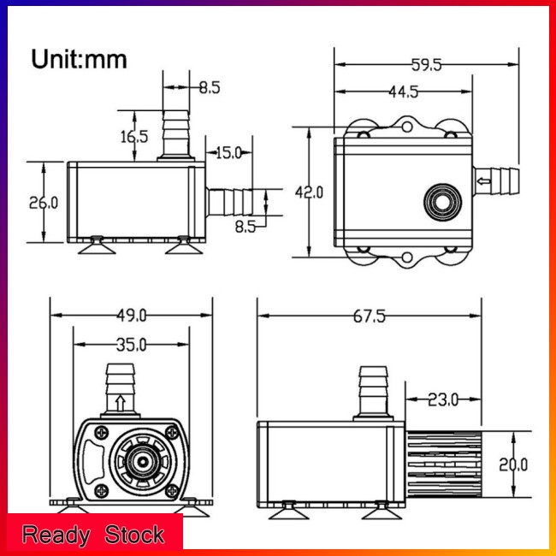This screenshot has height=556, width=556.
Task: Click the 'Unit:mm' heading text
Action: click(x=79, y=59)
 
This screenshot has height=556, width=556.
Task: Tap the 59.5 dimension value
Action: click(x=426, y=65)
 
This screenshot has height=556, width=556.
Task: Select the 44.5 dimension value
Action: click(x=404, y=92)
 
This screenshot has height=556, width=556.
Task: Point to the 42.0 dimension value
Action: click(x=309, y=192)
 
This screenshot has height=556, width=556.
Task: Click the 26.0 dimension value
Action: click(x=44, y=203)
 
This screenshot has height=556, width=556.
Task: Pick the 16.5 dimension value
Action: click(x=134, y=137)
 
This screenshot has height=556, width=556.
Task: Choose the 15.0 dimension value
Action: click(x=228, y=153)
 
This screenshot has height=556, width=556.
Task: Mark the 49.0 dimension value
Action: click(x=131, y=316)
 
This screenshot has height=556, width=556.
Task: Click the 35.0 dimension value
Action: click(x=131, y=345)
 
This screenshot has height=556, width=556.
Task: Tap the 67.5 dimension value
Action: click(x=370, y=316)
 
